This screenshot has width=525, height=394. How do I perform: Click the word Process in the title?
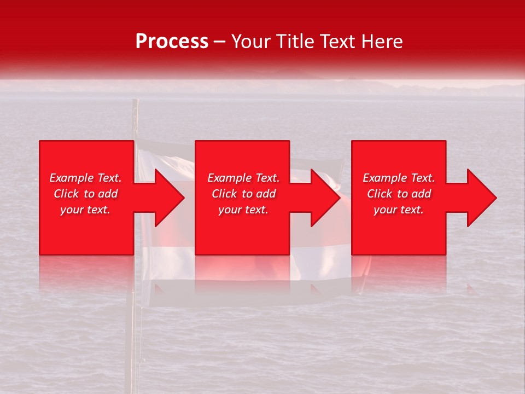pos(172,42)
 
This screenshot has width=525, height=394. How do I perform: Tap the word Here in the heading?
pos(381,42)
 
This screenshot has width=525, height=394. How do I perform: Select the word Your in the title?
pos(251,42)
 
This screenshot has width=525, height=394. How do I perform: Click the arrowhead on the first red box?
pos(164,198)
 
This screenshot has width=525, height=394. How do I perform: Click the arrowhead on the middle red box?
pos(320,198)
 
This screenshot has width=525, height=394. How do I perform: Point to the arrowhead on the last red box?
pos(476,198)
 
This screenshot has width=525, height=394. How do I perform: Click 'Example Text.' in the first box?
pos(85,178)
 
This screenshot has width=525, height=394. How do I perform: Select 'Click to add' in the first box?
pos(85,194)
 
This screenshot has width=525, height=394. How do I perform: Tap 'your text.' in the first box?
pos(85,210)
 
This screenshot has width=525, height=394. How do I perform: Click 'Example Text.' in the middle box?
pos(243,178)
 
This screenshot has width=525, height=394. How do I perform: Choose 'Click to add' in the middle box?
pos(243,194)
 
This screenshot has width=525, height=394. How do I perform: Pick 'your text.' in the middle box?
pos(243,210)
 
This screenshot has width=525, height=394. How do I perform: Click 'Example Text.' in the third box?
pos(399,178)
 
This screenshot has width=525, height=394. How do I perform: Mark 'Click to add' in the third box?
pos(399,194)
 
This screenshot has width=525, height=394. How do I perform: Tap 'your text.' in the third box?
pos(399,210)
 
